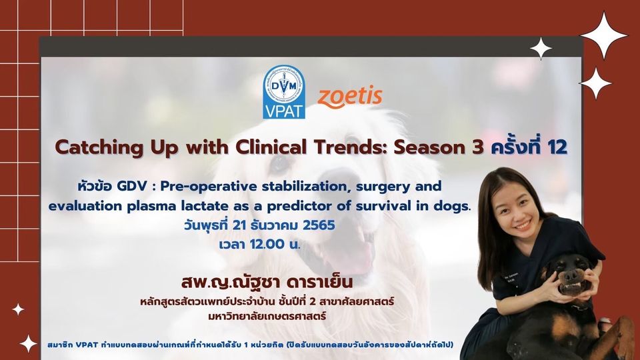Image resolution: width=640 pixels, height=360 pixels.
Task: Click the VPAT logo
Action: pyautogui.click(x=284, y=91)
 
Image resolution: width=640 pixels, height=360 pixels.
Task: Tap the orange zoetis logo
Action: pyautogui.click(x=350, y=97)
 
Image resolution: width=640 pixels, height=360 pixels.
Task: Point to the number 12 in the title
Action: pyautogui.click(x=557, y=147)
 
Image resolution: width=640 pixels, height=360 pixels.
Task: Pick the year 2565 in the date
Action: pyautogui.click(x=319, y=225)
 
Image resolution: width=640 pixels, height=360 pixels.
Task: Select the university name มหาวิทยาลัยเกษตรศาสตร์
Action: pyautogui.click(x=267, y=315)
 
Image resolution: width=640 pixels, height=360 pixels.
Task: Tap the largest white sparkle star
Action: pyautogui.click(x=604, y=35)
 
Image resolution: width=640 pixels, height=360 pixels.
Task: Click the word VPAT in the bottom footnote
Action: pyautogui.click(x=87, y=345)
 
